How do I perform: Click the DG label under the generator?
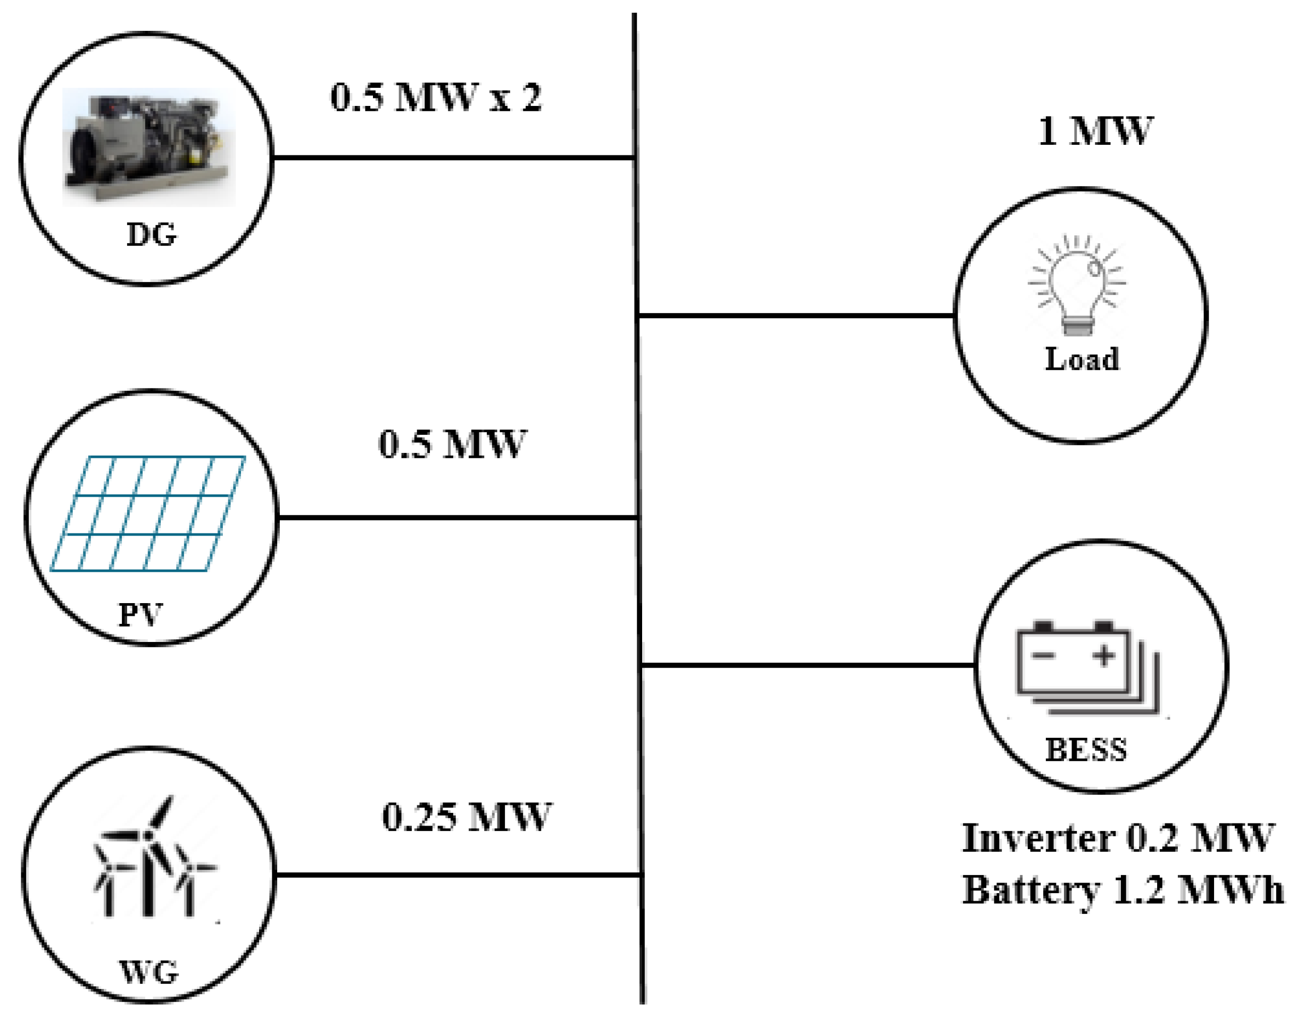coord(151,234)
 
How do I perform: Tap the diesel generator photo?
coord(148,146)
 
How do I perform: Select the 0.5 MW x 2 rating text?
coord(436,98)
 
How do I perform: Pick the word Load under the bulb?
coord(1082,359)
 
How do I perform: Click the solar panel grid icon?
coord(148,513)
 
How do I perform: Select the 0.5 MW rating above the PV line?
coord(452,444)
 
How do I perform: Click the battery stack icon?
coord(1087,668)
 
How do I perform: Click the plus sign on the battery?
coord(1104,655)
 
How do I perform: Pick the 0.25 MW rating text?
coord(467,818)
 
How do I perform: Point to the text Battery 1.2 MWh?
coord(1123,890)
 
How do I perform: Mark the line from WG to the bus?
coord(458,875)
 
